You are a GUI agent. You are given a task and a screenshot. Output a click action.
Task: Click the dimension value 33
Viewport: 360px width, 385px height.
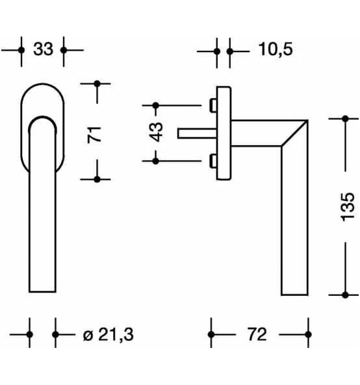click(43, 49)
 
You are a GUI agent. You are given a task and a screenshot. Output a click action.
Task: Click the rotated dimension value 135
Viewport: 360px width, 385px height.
click(348, 206)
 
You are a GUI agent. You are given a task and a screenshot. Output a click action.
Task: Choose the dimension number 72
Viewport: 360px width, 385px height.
click(257, 335)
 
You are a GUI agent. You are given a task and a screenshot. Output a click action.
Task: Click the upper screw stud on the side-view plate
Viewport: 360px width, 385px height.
click(214, 104)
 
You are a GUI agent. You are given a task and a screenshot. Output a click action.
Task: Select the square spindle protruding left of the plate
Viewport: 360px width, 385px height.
click(195, 133)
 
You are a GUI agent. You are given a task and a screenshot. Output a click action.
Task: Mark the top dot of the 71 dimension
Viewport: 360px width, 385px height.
click(97, 83)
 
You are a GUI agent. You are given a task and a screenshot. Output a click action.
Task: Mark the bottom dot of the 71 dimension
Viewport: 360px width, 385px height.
click(97, 179)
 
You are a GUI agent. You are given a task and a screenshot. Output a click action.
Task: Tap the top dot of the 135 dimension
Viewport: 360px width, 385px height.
click(346, 119)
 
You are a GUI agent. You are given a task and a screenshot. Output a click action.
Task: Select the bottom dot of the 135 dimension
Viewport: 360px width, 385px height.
click(346, 295)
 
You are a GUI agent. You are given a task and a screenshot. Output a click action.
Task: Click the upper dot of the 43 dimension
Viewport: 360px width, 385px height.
click(156, 105)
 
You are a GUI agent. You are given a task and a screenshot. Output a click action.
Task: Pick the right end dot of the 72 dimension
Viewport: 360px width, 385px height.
click(309, 335)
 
